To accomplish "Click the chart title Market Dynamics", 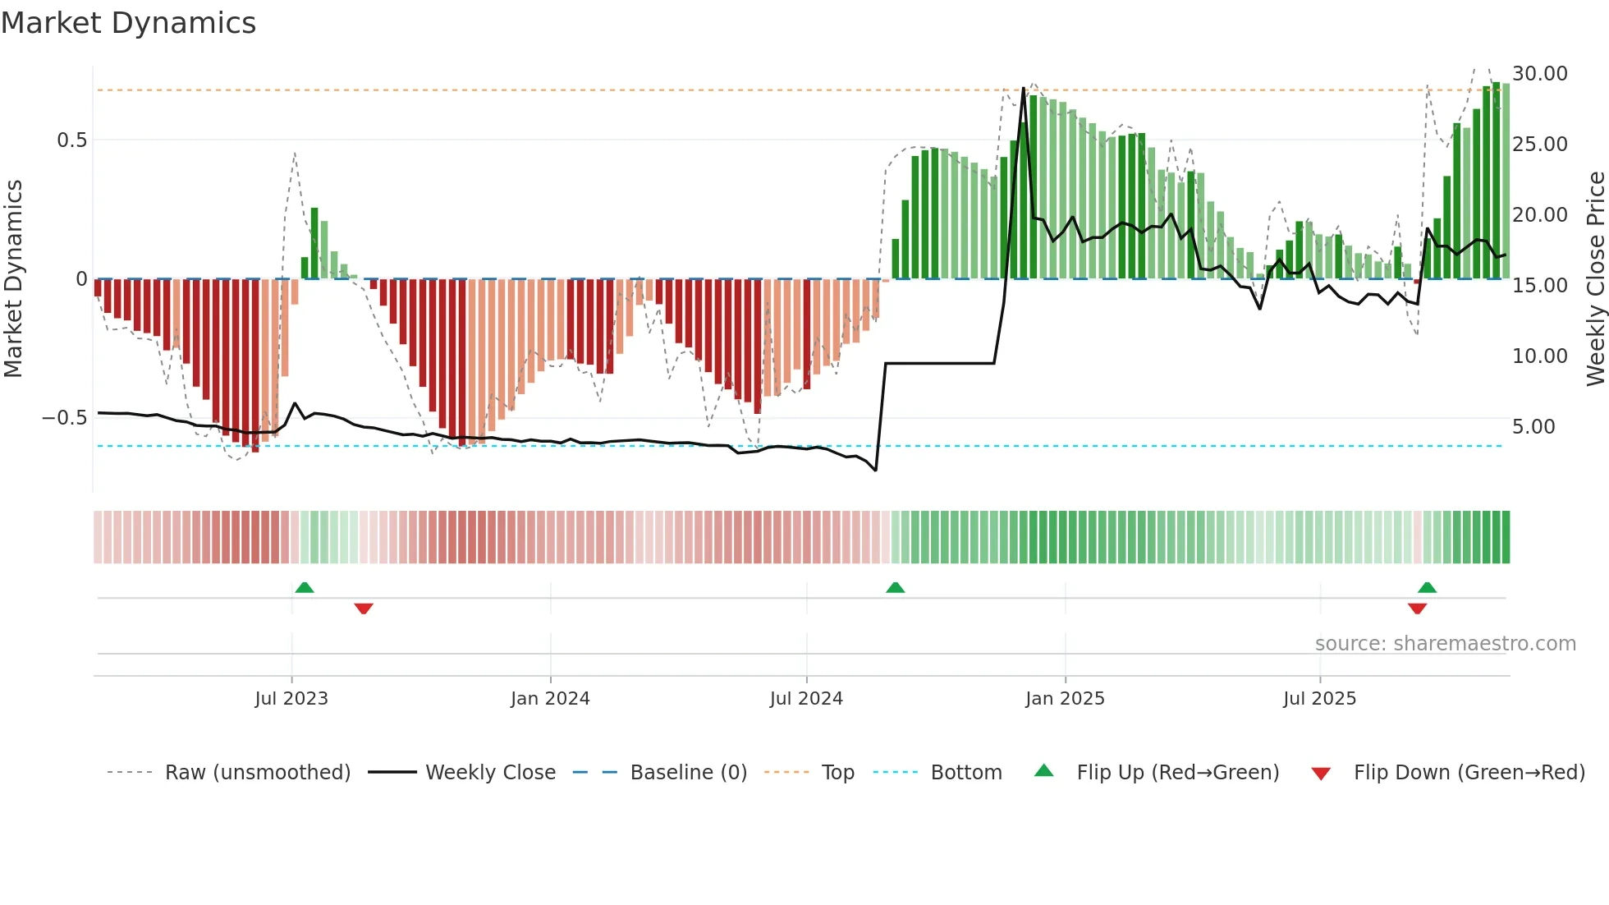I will [128, 23].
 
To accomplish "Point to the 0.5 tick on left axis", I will [71, 140].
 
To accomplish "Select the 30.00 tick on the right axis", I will [1539, 74].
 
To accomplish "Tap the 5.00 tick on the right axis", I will [1533, 427].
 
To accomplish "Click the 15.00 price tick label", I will [1539, 286].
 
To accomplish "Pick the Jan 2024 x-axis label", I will [550, 699].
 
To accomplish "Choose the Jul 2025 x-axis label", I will [1319, 699].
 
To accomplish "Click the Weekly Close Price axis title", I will [1595, 279].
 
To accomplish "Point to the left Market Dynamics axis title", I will [13, 279].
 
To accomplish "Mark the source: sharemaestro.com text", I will [1445, 644].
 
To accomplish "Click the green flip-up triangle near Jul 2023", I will [305, 588].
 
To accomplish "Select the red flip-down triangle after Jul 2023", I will [364, 609].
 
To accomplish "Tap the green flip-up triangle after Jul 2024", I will [896, 588].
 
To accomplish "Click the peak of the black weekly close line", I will [1024, 89].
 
